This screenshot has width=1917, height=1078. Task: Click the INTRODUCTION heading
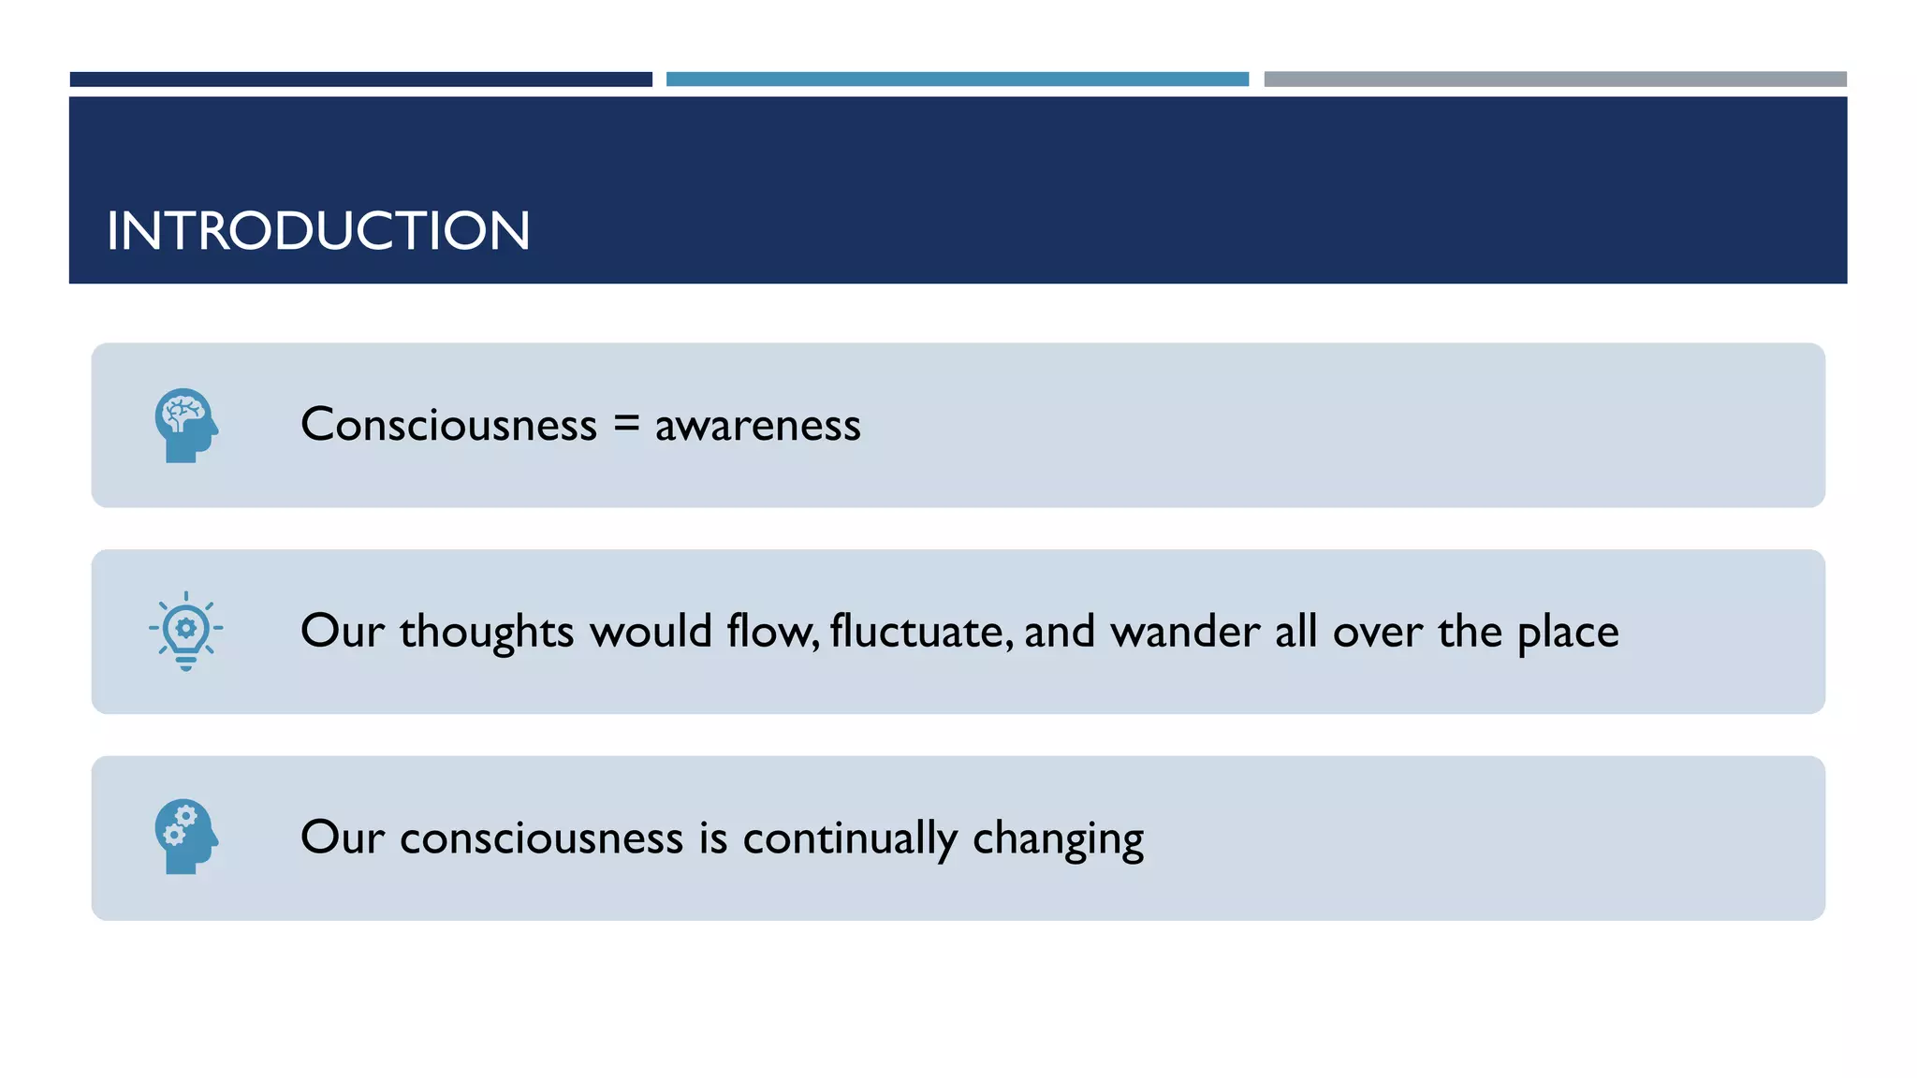318,230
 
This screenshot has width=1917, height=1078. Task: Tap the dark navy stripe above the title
360,80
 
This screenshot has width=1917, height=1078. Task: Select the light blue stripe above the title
957,80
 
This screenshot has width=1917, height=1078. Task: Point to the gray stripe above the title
1555,80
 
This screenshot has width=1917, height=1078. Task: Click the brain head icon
186,425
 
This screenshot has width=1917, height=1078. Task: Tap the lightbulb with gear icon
186,631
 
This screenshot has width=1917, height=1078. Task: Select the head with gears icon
186,837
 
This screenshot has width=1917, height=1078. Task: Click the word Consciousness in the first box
448,425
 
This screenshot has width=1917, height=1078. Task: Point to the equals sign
626,425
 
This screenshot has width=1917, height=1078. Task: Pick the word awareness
757,427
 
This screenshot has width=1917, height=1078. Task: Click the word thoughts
487,632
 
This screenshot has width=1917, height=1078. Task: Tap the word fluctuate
921,632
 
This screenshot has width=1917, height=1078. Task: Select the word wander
1185,632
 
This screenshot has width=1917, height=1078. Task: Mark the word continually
850,838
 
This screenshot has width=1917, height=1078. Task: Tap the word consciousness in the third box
541,838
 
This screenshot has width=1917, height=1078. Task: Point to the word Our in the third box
342,838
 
